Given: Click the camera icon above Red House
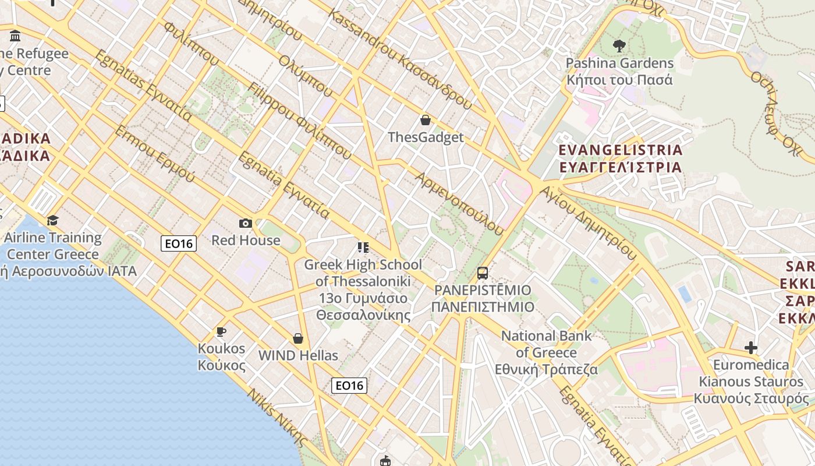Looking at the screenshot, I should pos(246,223).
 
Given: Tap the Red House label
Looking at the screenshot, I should pos(246,240).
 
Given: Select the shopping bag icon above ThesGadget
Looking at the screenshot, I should pos(426,120).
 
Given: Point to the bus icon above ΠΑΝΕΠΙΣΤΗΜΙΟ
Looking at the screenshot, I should pos(482,273).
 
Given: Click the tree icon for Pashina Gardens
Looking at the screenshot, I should pos(619,45).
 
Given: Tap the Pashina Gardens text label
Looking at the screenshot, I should pos(619,70).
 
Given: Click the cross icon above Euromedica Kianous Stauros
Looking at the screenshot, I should pos(751,348).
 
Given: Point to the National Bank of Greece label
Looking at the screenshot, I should pos(546,352).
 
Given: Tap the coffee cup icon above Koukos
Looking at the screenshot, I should pos(221,332).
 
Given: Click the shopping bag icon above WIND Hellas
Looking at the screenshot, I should pos(298,338).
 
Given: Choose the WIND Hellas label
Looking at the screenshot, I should pos(298,355).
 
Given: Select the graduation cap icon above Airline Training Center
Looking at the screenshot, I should pos(53,220).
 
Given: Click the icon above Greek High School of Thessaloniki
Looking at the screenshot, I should pos(363,248).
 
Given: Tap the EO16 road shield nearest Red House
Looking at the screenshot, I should pos(179,243).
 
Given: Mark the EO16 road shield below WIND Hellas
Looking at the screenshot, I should pos(349,385).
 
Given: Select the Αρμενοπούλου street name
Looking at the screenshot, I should pos(459,203).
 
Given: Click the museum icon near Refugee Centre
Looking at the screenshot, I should pos(15,36).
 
